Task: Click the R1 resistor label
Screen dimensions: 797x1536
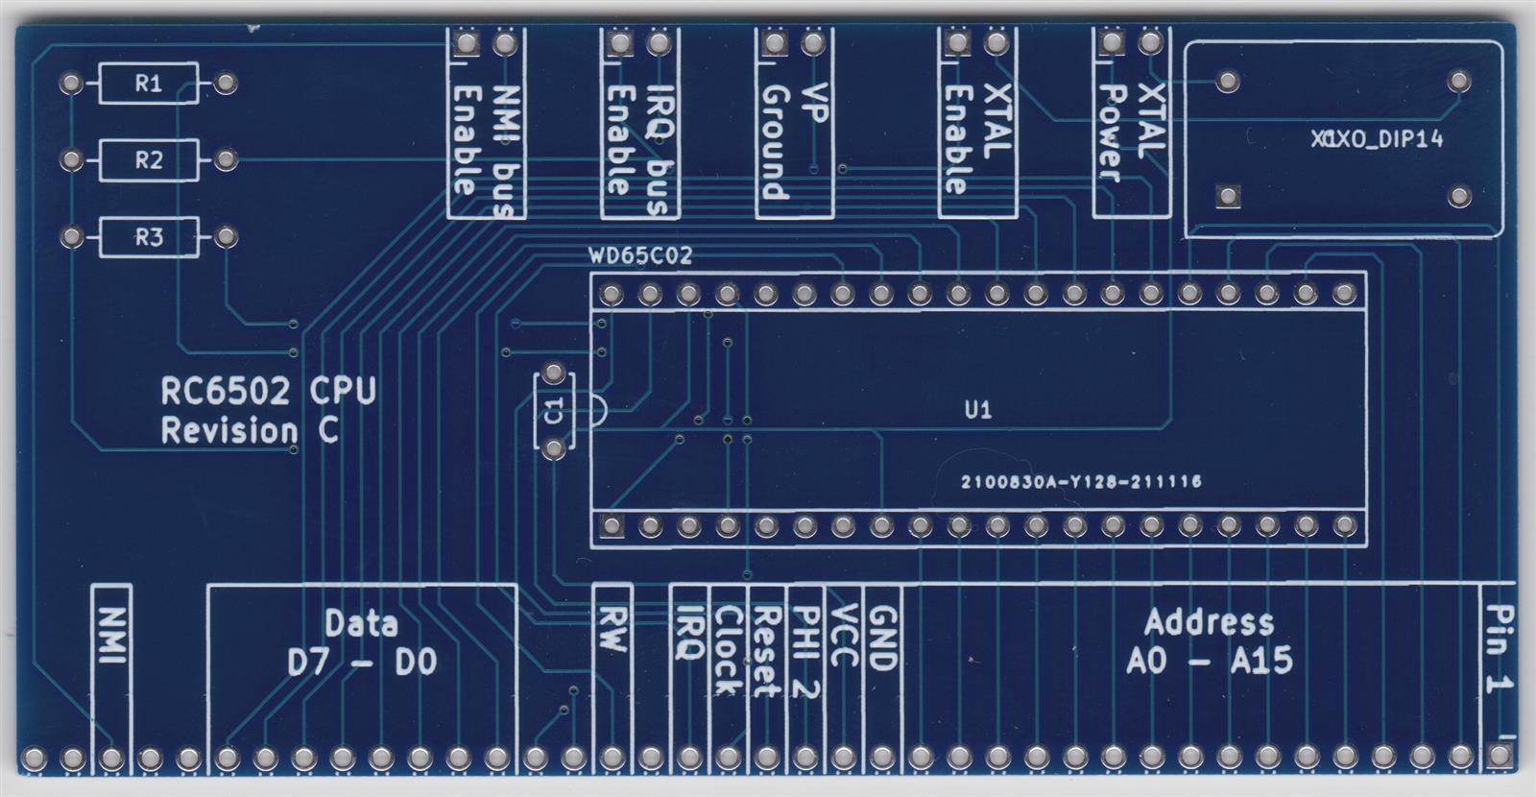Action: pos(148,84)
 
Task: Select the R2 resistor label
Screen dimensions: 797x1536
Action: pos(148,160)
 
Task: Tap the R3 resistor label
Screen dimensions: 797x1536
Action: pos(148,237)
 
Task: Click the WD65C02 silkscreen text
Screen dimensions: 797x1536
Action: pos(640,256)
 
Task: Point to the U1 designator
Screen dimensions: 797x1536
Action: pos(977,411)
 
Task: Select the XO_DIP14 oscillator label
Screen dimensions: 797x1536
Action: pos(1378,139)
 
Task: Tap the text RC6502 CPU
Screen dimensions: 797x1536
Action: pos(268,391)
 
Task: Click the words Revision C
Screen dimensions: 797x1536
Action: pos(250,431)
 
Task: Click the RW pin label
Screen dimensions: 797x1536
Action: pos(612,628)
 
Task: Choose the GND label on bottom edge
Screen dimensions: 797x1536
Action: pos(881,638)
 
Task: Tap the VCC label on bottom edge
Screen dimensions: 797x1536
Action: pos(843,635)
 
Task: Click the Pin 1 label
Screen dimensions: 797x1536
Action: pos(1498,647)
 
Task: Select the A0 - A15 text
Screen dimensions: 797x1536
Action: pos(1210,661)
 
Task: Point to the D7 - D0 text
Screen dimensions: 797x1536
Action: pos(362,662)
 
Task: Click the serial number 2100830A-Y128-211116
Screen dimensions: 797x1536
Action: pos(1081,482)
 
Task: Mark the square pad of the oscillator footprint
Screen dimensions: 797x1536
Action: pos(1227,197)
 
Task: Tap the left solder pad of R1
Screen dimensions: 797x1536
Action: pos(71,84)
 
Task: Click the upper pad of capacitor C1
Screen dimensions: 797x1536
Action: pos(554,373)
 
